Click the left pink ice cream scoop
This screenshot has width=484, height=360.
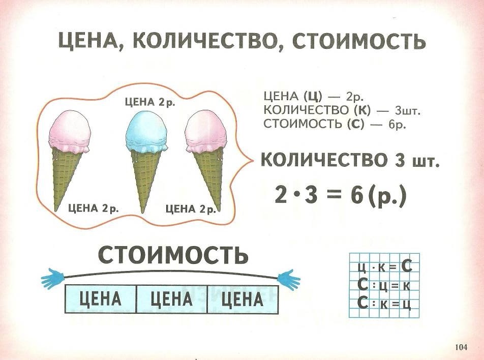(70, 131)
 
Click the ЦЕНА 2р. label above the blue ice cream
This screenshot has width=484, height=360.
(149, 102)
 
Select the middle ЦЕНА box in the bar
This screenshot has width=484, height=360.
(172, 298)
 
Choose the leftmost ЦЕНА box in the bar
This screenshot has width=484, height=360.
(101, 298)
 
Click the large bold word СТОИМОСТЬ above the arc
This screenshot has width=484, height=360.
(173, 254)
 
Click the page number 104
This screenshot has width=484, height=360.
(461, 348)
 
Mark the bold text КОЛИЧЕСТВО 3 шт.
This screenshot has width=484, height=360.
(350, 162)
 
